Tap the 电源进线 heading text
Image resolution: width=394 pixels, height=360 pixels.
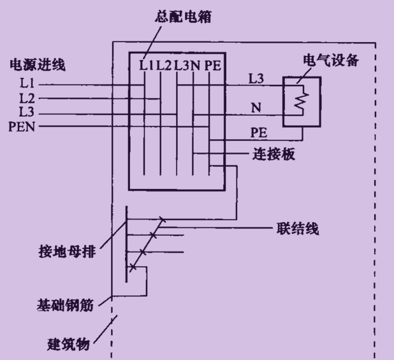point(38,64)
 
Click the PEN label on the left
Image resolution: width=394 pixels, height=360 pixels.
point(22,126)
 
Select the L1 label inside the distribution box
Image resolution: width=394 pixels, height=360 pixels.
point(147,64)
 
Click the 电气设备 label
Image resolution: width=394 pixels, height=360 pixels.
point(333,61)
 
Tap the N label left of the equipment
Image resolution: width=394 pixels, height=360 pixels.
point(256,108)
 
